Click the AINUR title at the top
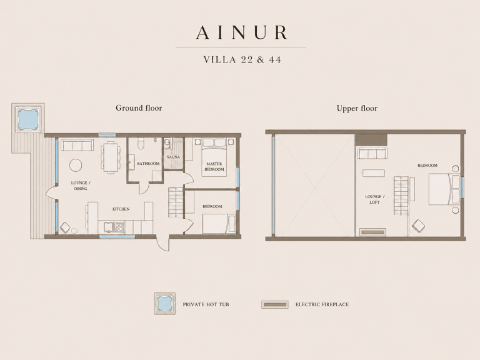(x=242, y=32)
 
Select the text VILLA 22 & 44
(x=242, y=59)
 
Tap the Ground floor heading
(x=139, y=107)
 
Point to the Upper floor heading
(x=357, y=108)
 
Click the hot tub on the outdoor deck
(x=28, y=119)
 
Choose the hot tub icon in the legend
(x=165, y=304)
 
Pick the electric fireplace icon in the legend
(x=275, y=304)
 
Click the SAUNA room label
(x=173, y=157)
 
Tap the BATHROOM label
(x=148, y=164)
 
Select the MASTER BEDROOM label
(x=214, y=166)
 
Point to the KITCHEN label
(x=121, y=209)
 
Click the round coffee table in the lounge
(x=76, y=165)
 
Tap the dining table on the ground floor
(x=111, y=157)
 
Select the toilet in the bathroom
(x=141, y=143)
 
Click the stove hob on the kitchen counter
(x=119, y=226)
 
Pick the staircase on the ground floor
(x=176, y=202)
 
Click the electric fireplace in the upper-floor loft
(x=373, y=232)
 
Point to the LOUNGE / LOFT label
(x=374, y=199)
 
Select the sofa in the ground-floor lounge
(x=77, y=145)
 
